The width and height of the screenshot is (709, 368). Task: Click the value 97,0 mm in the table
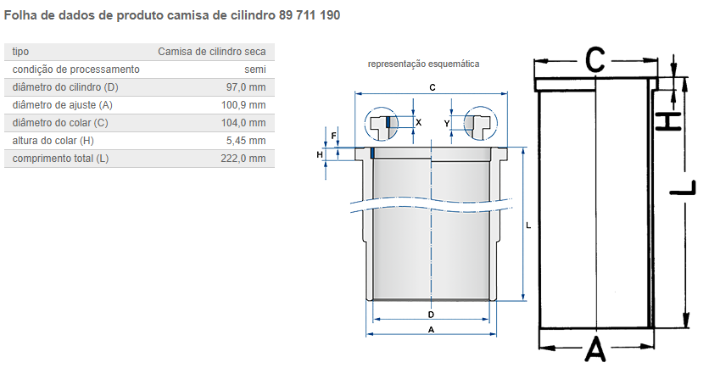[x=246, y=87]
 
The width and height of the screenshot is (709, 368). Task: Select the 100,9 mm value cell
[x=243, y=105]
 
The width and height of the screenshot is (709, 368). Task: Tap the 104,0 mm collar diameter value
[x=243, y=122]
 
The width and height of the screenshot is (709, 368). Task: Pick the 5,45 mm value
[x=246, y=141]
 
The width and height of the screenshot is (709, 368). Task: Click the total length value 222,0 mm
[x=243, y=159]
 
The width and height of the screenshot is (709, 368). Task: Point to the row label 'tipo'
[x=20, y=52]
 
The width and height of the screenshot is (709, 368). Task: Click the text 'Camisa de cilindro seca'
[x=212, y=52]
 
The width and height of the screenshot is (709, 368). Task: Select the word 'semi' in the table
[x=255, y=70]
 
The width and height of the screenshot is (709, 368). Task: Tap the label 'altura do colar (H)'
[x=53, y=141]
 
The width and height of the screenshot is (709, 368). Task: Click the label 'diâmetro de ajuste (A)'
[x=63, y=105]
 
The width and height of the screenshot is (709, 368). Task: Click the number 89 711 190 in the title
[x=310, y=15]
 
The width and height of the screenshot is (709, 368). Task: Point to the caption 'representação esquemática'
[x=423, y=64]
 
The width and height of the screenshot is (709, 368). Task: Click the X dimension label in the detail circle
[x=419, y=122]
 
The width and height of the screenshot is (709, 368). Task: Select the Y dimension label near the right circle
[x=447, y=124]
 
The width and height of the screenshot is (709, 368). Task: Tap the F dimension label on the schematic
[x=333, y=136]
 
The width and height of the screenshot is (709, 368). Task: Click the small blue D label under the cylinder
[x=431, y=315]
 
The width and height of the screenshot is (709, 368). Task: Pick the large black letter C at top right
[x=595, y=59]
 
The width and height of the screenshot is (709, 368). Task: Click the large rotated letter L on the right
[x=683, y=187]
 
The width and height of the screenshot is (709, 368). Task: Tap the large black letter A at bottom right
[x=595, y=348]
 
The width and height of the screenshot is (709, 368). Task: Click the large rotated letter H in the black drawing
[x=668, y=121]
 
